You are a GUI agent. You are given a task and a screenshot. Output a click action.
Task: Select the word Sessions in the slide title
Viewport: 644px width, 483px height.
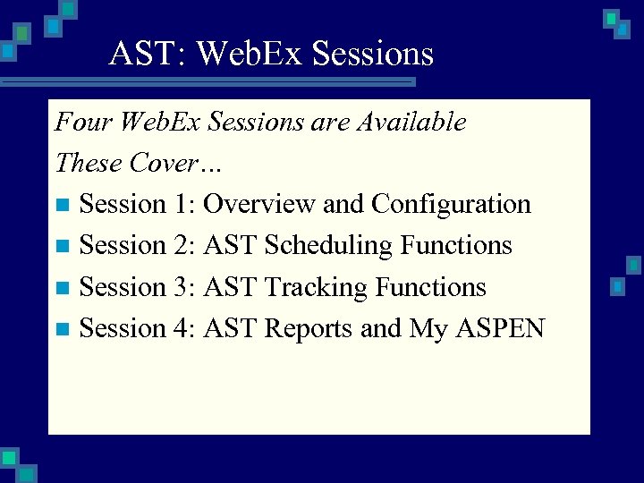coord(371,54)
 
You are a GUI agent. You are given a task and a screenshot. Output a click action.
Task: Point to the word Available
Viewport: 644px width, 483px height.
coord(411,122)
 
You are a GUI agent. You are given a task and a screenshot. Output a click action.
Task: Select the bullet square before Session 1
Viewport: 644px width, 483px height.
coord(62,205)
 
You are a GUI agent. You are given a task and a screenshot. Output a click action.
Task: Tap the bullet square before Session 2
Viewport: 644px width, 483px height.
coord(62,246)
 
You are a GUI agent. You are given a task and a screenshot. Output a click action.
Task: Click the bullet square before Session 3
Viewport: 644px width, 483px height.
coord(62,288)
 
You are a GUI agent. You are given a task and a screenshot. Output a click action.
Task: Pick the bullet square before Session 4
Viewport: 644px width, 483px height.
coord(62,329)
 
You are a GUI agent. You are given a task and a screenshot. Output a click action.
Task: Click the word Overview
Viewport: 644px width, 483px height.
coord(259,204)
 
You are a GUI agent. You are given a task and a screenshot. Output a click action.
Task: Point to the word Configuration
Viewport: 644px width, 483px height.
coord(451,205)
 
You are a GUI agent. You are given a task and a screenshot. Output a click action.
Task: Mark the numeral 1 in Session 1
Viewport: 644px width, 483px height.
coord(183,204)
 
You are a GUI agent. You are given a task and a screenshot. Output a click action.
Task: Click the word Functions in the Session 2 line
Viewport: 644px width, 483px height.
coord(456,245)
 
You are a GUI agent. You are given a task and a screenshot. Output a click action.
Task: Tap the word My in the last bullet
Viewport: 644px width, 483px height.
coord(428,330)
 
